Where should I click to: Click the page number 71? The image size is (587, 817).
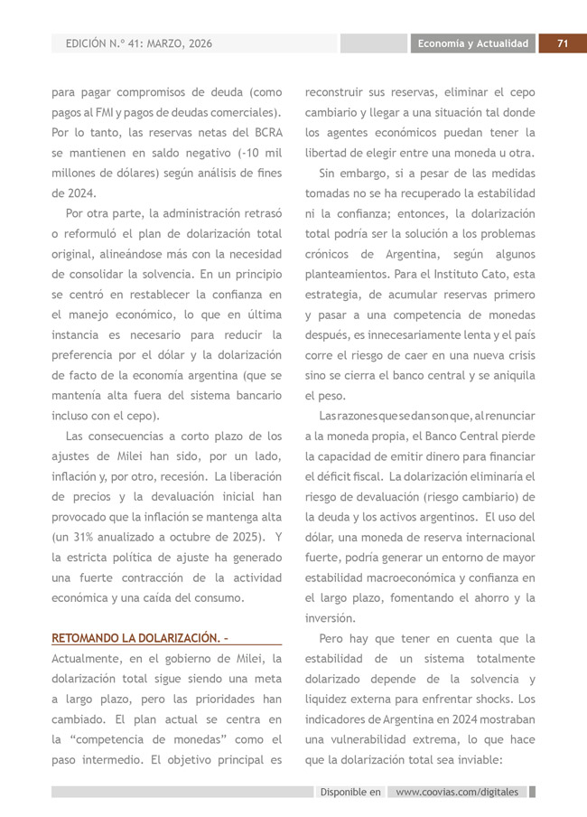coord(562,43)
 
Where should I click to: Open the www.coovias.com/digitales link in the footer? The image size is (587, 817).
coord(458,792)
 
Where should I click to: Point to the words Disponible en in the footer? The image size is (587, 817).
coord(350,792)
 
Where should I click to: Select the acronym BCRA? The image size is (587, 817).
coord(267,132)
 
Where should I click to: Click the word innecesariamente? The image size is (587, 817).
coord(413,334)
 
